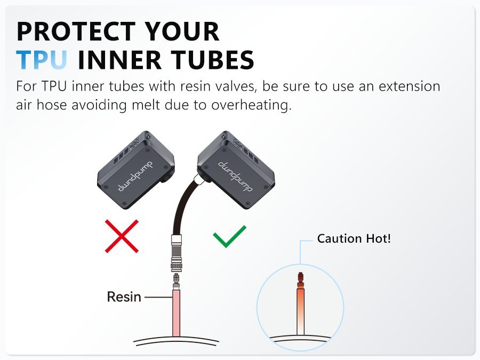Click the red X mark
(x=122, y=236)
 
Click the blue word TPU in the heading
(x=42, y=59)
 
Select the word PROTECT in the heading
(x=76, y=31)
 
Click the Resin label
(x=124, y=297)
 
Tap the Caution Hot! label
(x=354, y=238)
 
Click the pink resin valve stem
(x=176, y=313)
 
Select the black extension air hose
(x=183, y=205)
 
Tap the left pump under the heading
(x=136, y=170)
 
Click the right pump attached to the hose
(x=236, y=170)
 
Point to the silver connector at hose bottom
(x=177, y=253)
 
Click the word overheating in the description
(x=251, y=105)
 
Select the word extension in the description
(x=409, y=86)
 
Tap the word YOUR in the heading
(x=182, y=31)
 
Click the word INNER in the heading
(x=119, y=59)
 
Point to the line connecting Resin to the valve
(x=158, y=297)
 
